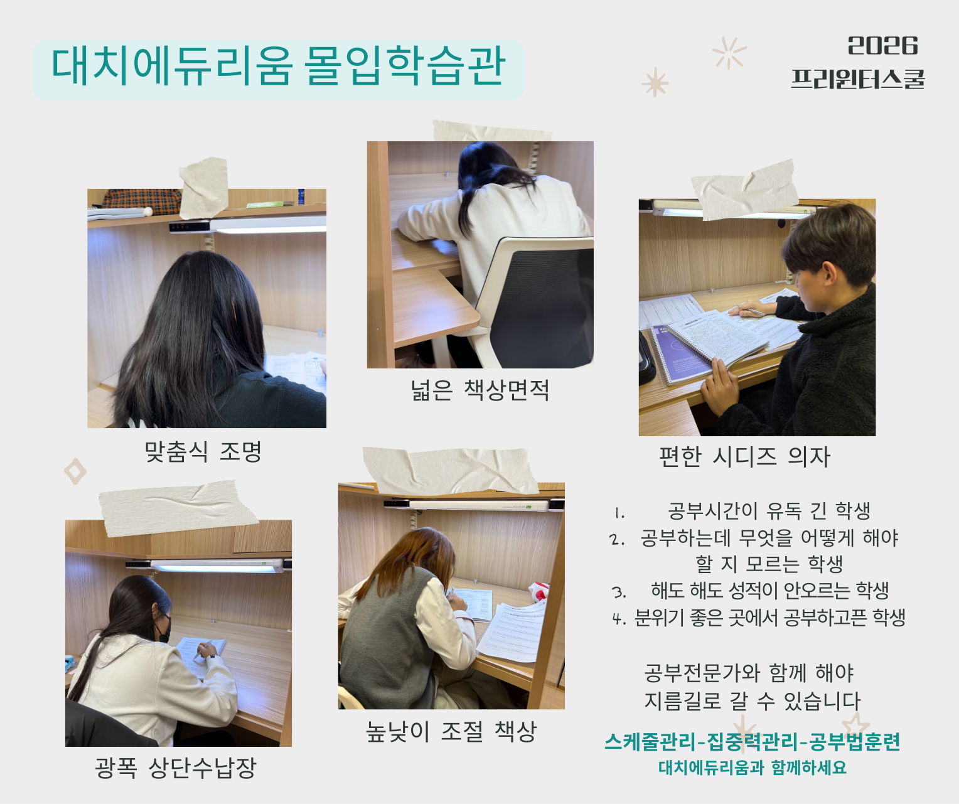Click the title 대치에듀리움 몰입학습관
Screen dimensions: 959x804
[278, 67]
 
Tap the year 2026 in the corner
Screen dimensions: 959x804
[882, 46]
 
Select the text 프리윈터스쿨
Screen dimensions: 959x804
[857, 79]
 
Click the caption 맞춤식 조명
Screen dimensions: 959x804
[203, 452]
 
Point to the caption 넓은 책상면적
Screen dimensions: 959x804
[480, 390]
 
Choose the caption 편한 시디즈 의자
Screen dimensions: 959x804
[744, 457]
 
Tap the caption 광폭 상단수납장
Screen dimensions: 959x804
[176, 768]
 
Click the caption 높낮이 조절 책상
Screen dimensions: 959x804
[451, 731]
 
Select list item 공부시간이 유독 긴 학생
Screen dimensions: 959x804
[769, 511]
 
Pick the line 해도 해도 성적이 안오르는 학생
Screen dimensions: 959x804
[769, 591]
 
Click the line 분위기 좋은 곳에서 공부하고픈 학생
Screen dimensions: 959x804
[769, 618]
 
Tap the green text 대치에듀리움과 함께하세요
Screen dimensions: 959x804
[753, 767]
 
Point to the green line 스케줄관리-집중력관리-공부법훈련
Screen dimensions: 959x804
[753, 742]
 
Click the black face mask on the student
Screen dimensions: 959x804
[164, 628]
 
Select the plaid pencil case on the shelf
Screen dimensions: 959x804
[141, 201]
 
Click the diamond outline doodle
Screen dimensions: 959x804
[75, 471]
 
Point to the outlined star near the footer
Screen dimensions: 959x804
[855, 726]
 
